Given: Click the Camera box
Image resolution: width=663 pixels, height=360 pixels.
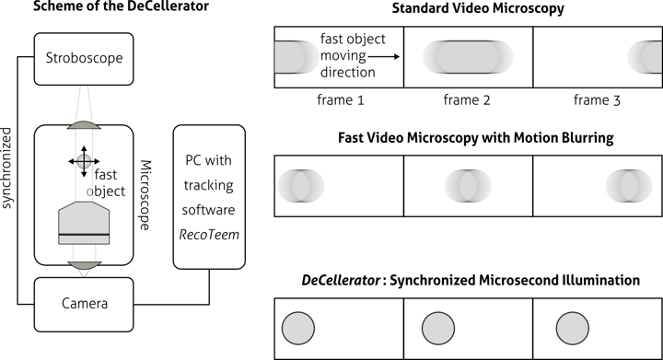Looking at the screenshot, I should click(x=84, y=304).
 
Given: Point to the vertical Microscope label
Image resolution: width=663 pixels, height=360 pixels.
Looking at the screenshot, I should click(x=145, y=192).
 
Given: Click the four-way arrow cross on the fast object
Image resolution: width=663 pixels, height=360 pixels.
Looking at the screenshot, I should click(x=84, y=160).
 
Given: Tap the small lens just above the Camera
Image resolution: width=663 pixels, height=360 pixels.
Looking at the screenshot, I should click(x=84, y=265).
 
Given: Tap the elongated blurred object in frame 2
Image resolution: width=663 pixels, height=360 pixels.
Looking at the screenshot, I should click(x=469, y=57).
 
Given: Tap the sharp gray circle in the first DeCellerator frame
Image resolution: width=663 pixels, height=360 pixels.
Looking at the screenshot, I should click(x=297, y=327).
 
